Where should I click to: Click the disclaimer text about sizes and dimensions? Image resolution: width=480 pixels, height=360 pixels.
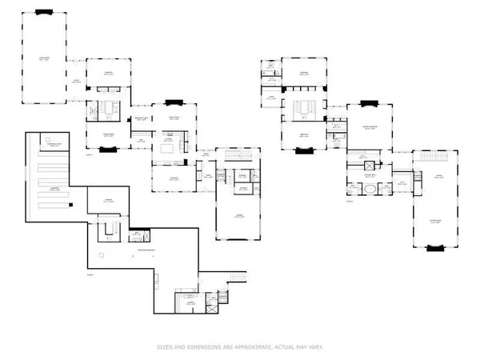pos(240,346)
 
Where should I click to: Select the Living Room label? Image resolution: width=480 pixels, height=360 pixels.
pos(45,58)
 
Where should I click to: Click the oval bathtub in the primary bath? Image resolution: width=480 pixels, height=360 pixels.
pos(370,190)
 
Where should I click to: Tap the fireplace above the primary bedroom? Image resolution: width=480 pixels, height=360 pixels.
pos(369,103)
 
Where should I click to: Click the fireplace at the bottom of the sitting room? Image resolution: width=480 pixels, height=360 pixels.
pos(434,249)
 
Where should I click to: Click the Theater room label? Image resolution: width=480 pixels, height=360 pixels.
pos(104,202)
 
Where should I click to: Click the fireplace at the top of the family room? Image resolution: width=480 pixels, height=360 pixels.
pos(174,102)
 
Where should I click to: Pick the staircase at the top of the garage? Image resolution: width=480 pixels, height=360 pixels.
pos(237,153)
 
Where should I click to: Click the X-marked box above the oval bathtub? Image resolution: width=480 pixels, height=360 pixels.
pos(370,174)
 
